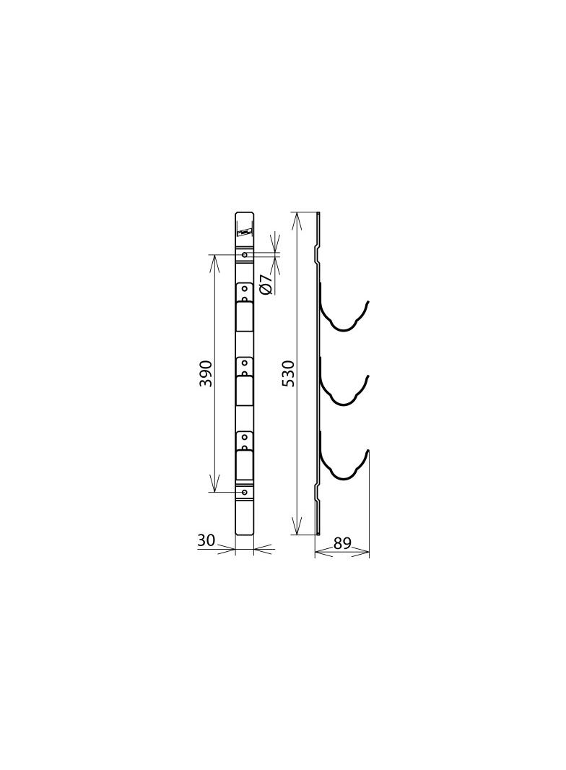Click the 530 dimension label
pyautogui.click(x=289, y=373)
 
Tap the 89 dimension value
pyautogui.click(x=342, y=543)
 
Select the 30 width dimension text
pyautogui.click(x=206, y=540)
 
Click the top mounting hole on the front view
pyautogui.click(x=245, y=255)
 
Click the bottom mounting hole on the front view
pyautogui.click(x=245, y=492)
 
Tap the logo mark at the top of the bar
pyautogui.click(x=245, y=231)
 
